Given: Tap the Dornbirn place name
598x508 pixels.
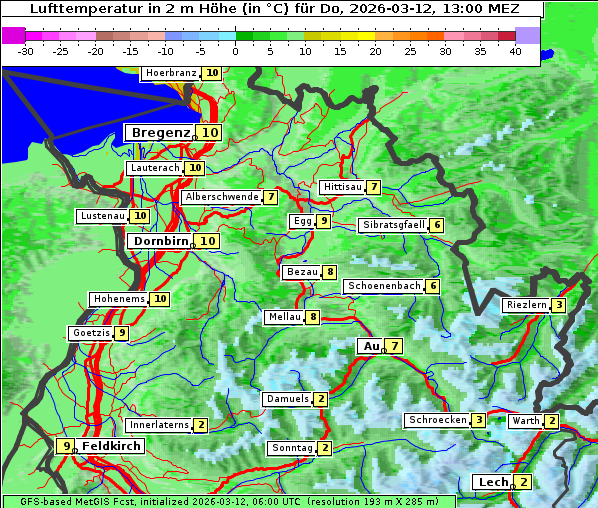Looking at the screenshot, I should (x=158, y=241).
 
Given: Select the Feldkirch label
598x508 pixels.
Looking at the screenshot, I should (x=111, y=446).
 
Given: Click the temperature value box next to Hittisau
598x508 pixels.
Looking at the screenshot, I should (x=373, y=187).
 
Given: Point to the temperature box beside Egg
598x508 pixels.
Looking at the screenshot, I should (x=323, y=221).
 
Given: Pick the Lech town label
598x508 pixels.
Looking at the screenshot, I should (x=493, y=482).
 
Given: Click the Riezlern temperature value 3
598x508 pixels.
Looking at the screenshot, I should (x=559, y=305).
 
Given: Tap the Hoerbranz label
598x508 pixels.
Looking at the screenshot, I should (x=169, y=73).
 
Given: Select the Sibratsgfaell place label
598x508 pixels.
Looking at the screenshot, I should (x=392, y=225).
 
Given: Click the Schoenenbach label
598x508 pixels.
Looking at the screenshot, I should (x=383, y=286).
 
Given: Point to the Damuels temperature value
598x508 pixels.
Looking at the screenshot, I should (x=320, y=399).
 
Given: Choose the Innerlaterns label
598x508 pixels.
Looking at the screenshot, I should (x=159, y=425).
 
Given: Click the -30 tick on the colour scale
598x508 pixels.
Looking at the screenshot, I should (x=26, y=50).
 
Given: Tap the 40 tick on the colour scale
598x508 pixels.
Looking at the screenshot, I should (x=515, y=50).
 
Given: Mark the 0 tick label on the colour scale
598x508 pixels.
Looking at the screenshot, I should (x=236, y=50).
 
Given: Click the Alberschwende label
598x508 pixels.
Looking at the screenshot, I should (x=221, y=197).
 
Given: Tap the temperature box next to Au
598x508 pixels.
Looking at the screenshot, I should (x=395, y=346).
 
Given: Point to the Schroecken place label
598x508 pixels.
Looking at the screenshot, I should (x=437, y=420).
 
